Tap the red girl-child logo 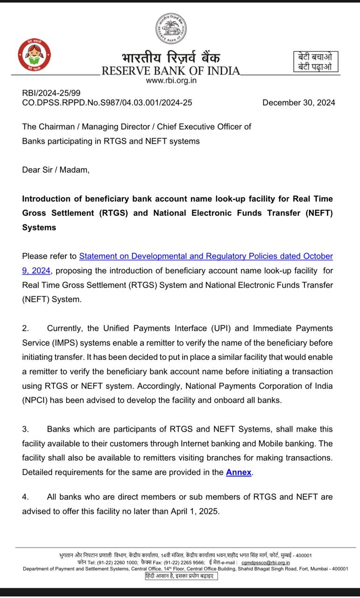[34, 55]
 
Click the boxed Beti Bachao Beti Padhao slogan [315, 61]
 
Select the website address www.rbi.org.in [171, 80]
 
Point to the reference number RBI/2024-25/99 [51, 93]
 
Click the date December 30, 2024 [298, 103]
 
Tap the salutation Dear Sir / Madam [56, 170]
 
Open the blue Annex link [239, 472]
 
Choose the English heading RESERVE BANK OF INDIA [170, 71]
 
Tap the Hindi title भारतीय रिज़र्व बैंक [171, 58]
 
